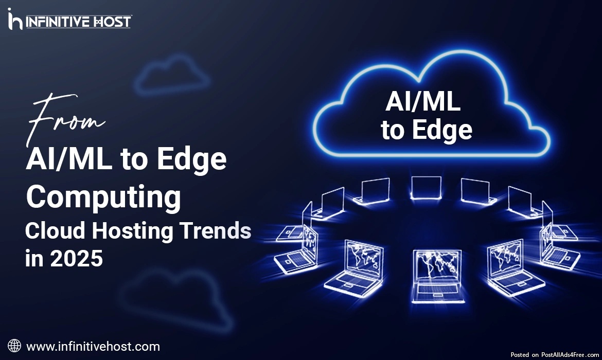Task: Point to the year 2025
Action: point(76,258)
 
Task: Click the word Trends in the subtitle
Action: point(216,231)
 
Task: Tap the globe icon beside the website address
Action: point(14,346)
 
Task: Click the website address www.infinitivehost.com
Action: point(93,347)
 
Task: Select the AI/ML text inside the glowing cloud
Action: point(423,102)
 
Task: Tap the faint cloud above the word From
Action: point(172,75)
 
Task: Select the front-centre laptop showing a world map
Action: point(437,276)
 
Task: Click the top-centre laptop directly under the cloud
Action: point(426,188)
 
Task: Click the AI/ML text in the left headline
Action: point(69,159)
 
